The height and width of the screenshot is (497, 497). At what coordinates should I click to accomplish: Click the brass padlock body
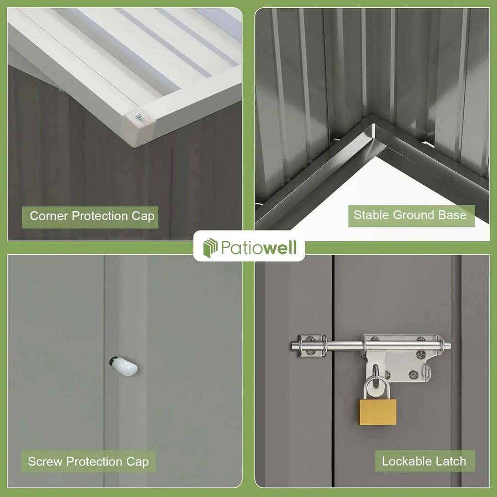(x=378, y=412)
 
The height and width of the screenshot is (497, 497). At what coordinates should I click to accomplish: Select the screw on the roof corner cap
(x=139, y=116)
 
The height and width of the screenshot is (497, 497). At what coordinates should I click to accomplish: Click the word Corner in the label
(x=49, y=216)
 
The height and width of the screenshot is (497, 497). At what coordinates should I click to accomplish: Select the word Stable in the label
(x=371, y=215)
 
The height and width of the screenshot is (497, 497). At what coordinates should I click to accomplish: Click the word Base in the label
(x=452, y=215)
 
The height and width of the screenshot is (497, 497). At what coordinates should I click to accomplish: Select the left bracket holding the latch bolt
(x=311, y=346)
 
